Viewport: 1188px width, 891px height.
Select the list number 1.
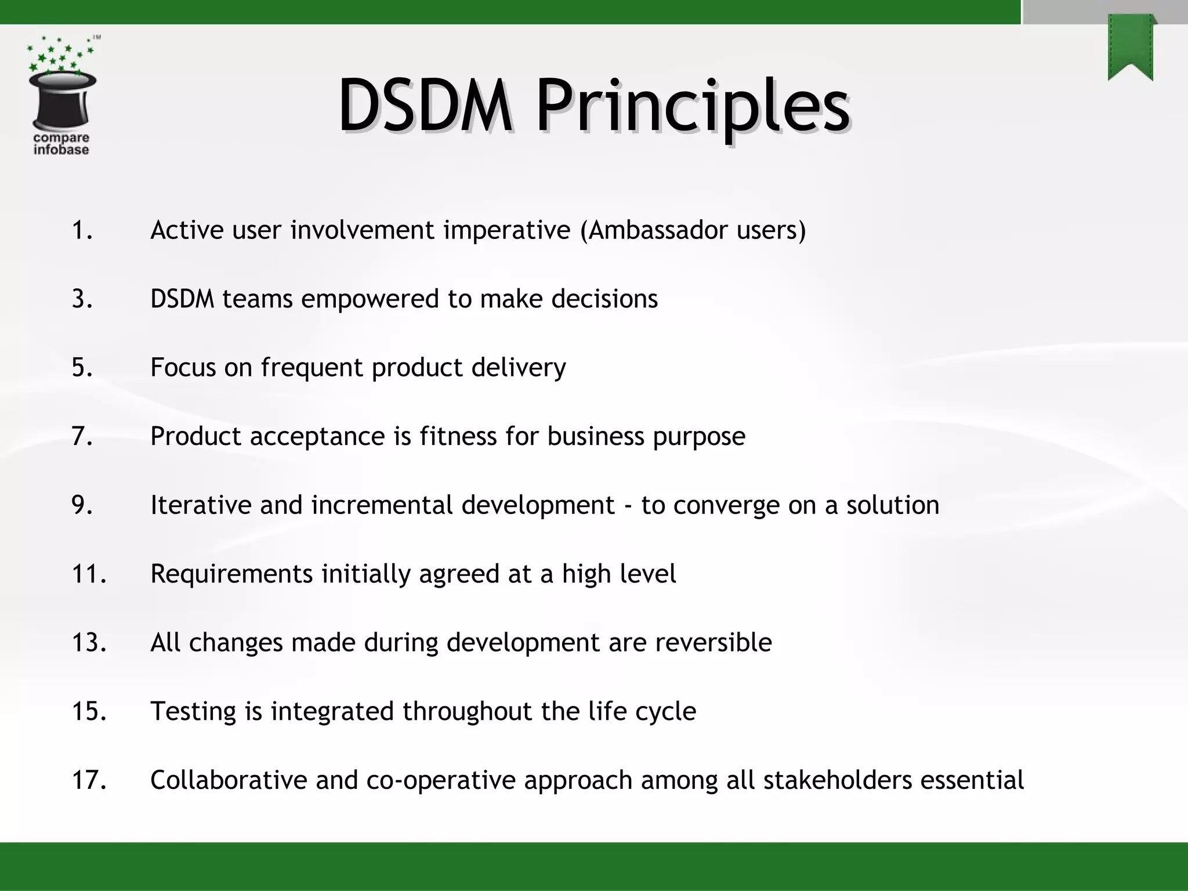[82, 230]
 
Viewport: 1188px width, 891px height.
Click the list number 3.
[82, 299]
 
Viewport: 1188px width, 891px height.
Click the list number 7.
[82, 436]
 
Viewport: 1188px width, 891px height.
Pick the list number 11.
[89, 574]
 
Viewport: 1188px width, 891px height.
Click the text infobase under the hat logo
[61, 150]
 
